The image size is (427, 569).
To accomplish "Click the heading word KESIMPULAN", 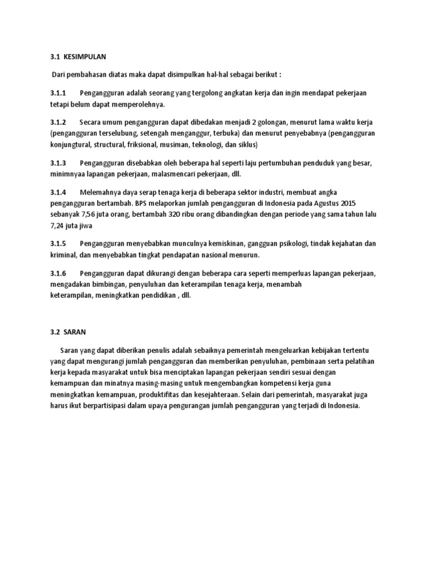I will click(84, 57).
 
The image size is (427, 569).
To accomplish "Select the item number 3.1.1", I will click(58, 92).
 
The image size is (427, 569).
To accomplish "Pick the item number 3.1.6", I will click(58, 273).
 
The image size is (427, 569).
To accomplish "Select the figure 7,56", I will click(87, 214).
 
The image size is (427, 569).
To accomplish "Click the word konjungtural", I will click(69, 145).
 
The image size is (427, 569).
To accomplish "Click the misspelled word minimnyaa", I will click(68, 174).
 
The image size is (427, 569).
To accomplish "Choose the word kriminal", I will click(61, 255).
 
